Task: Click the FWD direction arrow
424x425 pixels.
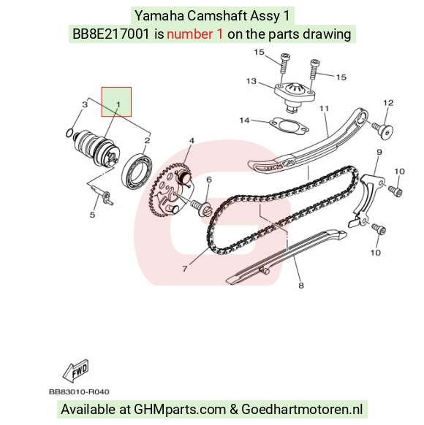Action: point(76,370)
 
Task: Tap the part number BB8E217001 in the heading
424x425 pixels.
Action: point(110,34)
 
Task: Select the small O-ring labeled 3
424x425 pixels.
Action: point(69,133)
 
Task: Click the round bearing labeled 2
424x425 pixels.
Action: point(137,171)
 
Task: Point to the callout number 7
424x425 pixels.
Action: point(185,269)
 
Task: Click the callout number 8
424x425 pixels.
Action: point(301,286)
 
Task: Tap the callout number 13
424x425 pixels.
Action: point(251,81)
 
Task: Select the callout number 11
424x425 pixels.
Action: point(324,108)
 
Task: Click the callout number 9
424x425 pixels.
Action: point(379,152)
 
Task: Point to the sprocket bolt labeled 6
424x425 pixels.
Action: point(202,208)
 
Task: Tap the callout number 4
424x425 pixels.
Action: point(192,141)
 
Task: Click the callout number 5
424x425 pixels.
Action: point(92,215)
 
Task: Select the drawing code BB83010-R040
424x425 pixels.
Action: point(79,392)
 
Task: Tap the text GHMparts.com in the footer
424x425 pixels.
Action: point(180,409)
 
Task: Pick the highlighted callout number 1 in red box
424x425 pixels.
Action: point(118,104)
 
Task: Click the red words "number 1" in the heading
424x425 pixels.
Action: point(194,34)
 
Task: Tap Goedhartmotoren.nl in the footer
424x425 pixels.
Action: point(302,409)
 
